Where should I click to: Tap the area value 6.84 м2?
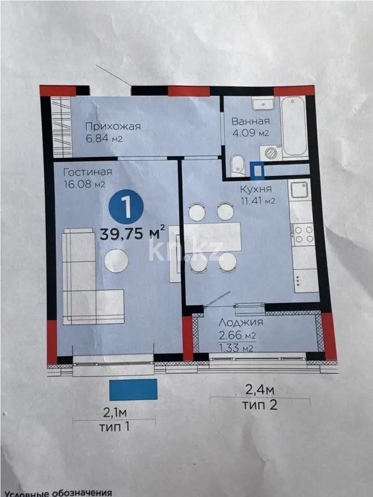point(104,139)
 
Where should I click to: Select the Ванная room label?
point(250,121)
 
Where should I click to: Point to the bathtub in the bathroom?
point(295,128)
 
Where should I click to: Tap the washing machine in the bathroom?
point(271,153)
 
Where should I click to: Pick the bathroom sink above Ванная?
point(263,103)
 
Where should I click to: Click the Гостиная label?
point(88,172)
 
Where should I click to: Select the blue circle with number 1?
point(126,207)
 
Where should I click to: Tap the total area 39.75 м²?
point(132,234)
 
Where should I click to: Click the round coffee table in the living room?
point(117,261)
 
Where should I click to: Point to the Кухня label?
point(256,189)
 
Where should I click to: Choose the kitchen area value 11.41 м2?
point(257,200)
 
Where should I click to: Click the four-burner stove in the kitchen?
point(303,234)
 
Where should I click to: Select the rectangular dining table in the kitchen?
point(213,237)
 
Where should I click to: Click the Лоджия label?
point(241,322)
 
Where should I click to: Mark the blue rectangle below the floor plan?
point(133,389)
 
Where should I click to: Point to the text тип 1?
point(114,427)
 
